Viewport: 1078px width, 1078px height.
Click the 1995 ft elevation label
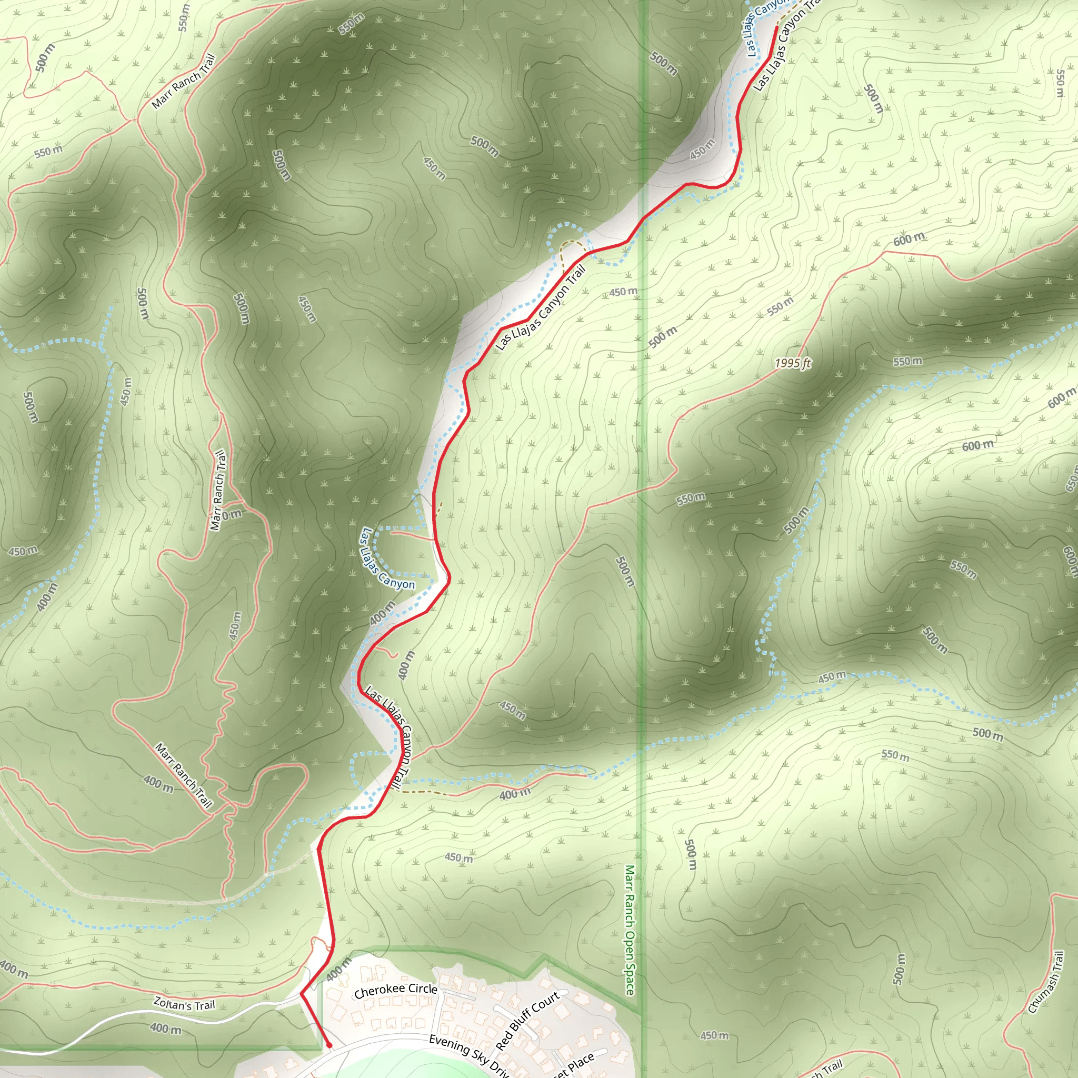pos(792,364)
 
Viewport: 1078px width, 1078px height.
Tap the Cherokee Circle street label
pos(396,991)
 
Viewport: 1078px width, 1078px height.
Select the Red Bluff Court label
pos(527,1020)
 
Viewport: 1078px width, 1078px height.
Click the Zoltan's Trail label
pos(184,1004)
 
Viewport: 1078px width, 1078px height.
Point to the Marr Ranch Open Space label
pos(630,930)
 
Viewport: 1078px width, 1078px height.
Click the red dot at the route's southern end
pos(329,1045)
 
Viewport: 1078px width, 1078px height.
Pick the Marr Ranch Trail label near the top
pos(183,82)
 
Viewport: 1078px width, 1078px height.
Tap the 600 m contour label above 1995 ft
pos(909,239)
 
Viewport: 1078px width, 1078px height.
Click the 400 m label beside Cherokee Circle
pos(338,969)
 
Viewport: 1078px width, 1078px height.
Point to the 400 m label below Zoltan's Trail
pos(166,1028)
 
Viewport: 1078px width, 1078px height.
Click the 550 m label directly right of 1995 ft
pos(907,362)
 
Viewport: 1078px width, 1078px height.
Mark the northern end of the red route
pos(777,27)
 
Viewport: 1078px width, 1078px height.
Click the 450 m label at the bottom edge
pos(715,1035)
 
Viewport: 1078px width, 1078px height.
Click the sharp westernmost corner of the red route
pos(301,994)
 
